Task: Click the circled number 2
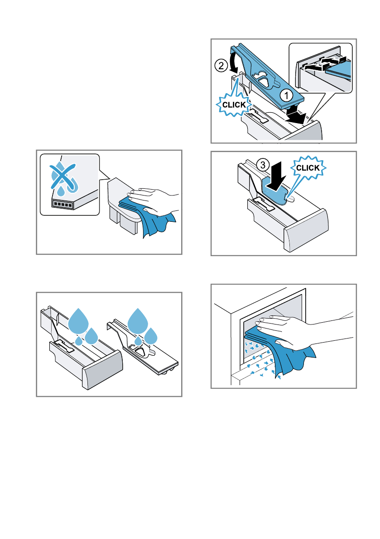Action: pyautogui.click(x=221, y=65)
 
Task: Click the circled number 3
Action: pyautogui.click(x=263, y=165)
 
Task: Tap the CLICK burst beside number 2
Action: pyautogui.click(x=234, y=105)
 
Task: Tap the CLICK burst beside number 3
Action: pyautogui.click(x=308, y=168)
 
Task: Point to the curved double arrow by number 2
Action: pyautogui.click(x=234, y=60)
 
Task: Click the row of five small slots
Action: pyautogui.click(x=63, y=205)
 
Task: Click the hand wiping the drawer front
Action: pyautogui.click(x=154, y=202)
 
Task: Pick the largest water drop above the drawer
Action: pyautogui.click(x=78, y=321)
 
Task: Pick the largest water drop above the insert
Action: pyautogui.click(x=138, y=321)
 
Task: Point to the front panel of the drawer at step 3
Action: pyautogui.click(x=306, y=230)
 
